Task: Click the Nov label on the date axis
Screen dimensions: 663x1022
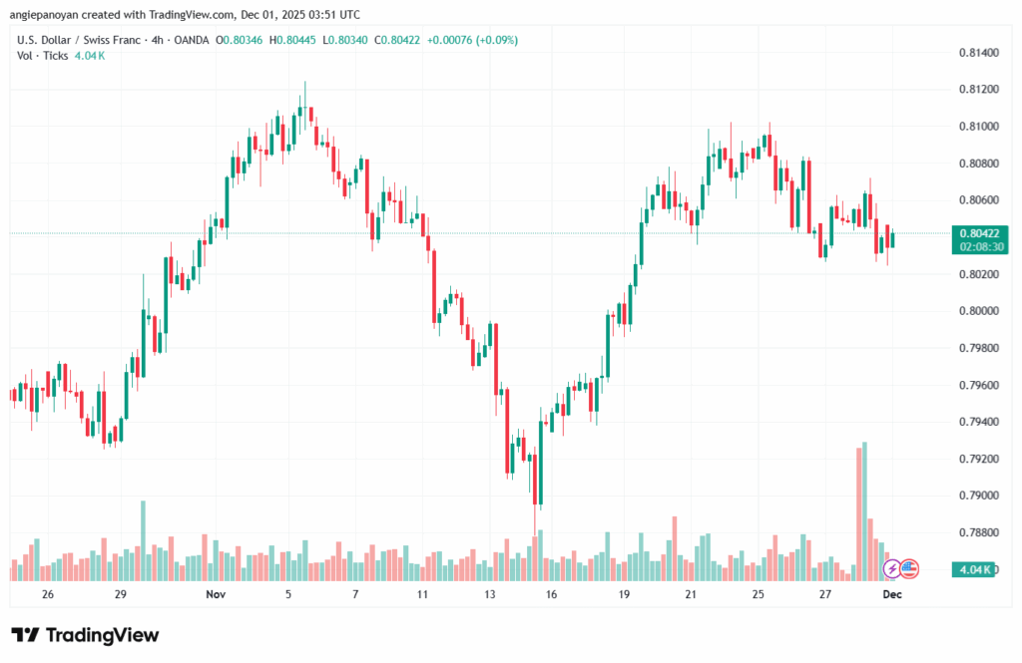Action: pos(216,594)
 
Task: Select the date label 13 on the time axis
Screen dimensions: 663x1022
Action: pos(490,594)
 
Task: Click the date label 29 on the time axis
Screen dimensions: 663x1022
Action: pos(120,594)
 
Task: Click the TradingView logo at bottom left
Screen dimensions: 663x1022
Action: pos(85,635)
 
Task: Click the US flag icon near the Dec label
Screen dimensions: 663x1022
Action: pos(908,569)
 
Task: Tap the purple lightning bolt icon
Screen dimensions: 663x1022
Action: pos(892,569)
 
